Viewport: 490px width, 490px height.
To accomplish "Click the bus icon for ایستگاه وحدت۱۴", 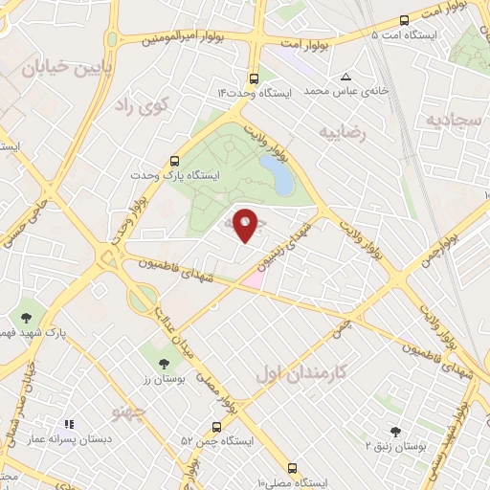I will click(x=253, y=78).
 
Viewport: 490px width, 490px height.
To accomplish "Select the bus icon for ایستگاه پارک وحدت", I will click(x=174, y=162).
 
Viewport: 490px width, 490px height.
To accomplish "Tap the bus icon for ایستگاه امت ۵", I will click(x=404, y=19).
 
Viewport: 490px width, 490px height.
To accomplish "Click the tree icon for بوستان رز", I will click(x=163, y=363).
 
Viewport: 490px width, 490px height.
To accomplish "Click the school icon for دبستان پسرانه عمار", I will click(x=68, y=423).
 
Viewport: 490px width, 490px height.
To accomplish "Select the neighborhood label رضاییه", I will click(x=344, y=132).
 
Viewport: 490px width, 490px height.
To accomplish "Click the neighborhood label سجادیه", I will click(x=452, y=120).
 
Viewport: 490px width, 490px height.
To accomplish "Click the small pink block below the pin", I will click(x=251, y=279).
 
